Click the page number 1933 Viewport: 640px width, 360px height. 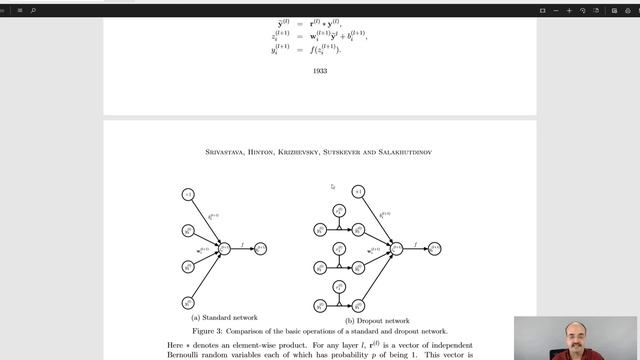[320, 71]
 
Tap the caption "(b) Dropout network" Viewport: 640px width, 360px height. [369, 320]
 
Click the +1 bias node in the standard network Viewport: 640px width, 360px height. [187, 193]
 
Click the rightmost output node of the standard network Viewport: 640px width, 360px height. [261, 248]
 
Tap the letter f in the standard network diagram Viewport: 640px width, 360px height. [243, 242]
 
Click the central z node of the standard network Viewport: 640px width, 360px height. [225, 248]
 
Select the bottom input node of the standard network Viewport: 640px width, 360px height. [187, 303]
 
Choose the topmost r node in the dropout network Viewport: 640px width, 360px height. [340, 211]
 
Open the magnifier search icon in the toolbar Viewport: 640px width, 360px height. [32, 10]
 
